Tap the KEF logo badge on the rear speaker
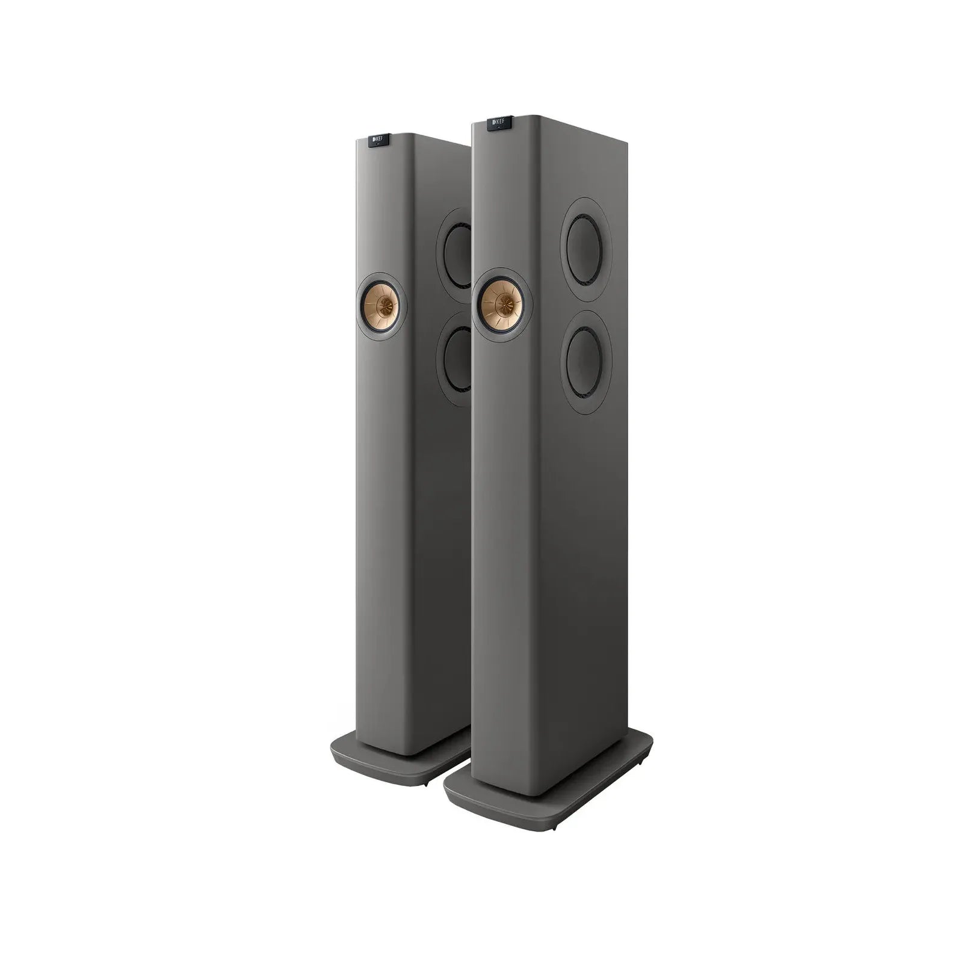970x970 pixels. [378, 140]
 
